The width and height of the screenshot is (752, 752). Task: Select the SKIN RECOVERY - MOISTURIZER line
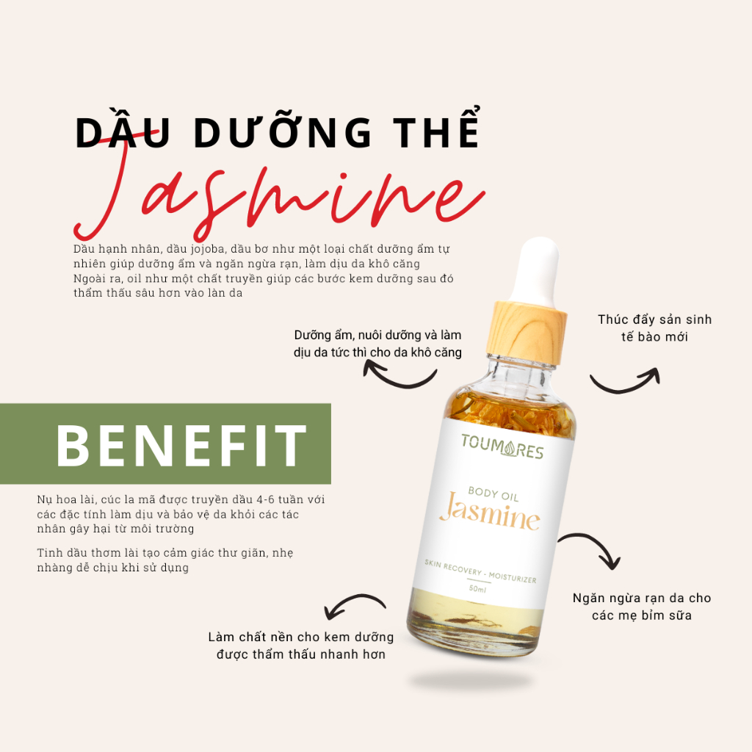click(x=480, y=570)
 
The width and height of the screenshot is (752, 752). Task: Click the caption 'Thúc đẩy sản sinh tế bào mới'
click(x=654, y=328)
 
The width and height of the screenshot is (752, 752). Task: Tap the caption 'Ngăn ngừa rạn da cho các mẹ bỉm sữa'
click(x=642, y=607)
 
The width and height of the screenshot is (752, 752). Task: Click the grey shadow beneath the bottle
click(x=470, y=679)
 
